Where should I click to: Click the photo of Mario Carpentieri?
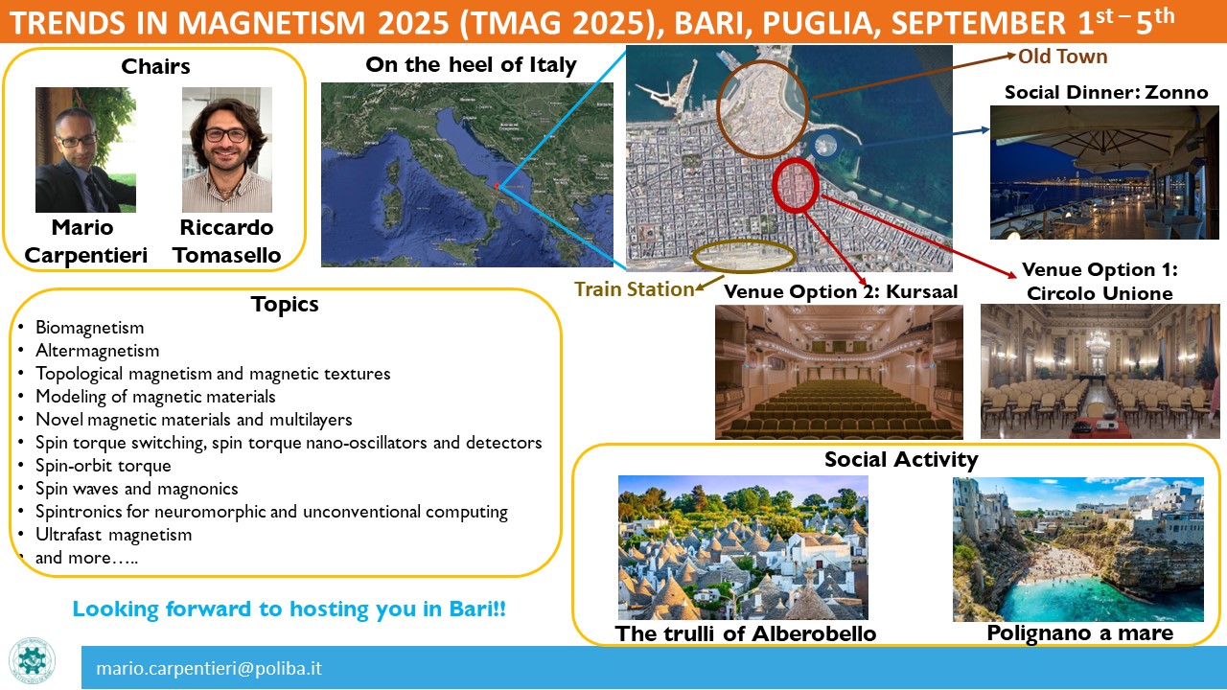coord(85,149)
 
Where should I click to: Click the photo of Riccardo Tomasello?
coord(227,149)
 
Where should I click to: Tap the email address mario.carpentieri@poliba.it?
coord(209,669)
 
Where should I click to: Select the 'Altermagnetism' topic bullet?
coord(98,351)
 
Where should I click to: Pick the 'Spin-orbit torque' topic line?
coord(104,466)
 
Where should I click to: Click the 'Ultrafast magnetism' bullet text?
coord(114,535)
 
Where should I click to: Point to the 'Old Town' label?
coord(1063,57)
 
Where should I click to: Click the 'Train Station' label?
coord(635,289)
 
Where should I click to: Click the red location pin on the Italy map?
coord(497,186)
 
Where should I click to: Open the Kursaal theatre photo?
coord(839,373)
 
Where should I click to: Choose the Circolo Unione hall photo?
coord(1100,371)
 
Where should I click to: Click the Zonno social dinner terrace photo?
coord(1104,172)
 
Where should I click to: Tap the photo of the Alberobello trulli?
coord(743,547)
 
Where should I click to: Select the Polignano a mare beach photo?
coord(1078,549)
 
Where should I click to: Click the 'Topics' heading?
coord(285,305)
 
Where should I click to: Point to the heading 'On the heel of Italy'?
coord(471,64)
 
